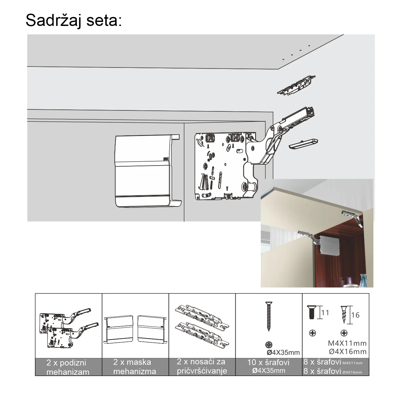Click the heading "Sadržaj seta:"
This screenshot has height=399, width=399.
pyautogui.click(x=74, y=21)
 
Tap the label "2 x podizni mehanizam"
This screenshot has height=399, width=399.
pyautogui.click(x=67, y=367)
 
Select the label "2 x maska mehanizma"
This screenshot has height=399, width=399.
pyautogui.click(x=135, y=367)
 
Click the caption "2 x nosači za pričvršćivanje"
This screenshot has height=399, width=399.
pyautogui.click(x=202, y=366)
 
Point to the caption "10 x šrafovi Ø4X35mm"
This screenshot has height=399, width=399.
pyautogui.click(x=269, y=366)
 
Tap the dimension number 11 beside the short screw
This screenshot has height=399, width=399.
pyautogui.click(x=325, y=313)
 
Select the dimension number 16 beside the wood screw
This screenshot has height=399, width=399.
pyautogui.click(x=355, y=315)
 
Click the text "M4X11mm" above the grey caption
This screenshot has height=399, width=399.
pyautogui.click(x=347, y=343)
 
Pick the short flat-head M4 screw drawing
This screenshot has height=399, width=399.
pyautogui.click(x=312, y=312)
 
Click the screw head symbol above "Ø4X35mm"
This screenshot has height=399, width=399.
pyautogui.click(x=269, y=345)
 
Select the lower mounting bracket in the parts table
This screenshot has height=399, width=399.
pyautogui.click(x=202, y=334)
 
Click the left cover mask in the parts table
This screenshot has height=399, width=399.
pyautogui.click(x=118, y=329)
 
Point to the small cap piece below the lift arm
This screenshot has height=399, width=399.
pyautogui.click(x=303, y=144)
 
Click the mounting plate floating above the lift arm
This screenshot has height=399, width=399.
pyautogui.click(x=297, y=85)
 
